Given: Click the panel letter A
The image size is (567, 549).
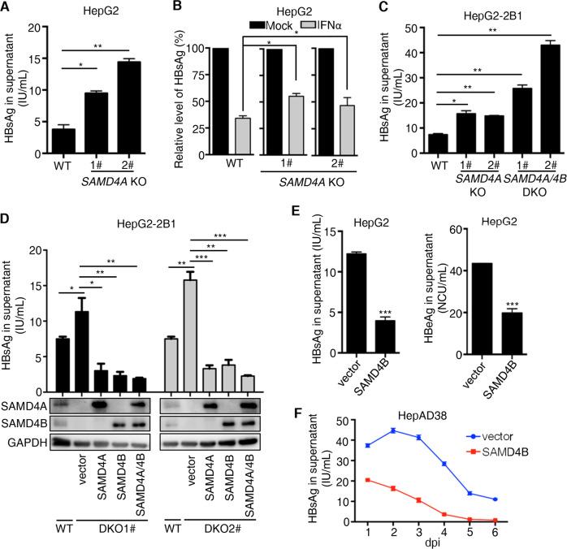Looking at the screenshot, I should (7, 8).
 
